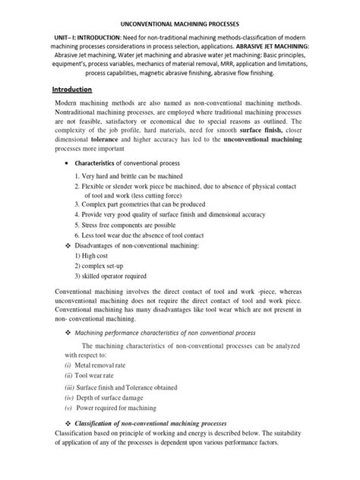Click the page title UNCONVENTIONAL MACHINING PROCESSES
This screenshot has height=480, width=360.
pos(180,24)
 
